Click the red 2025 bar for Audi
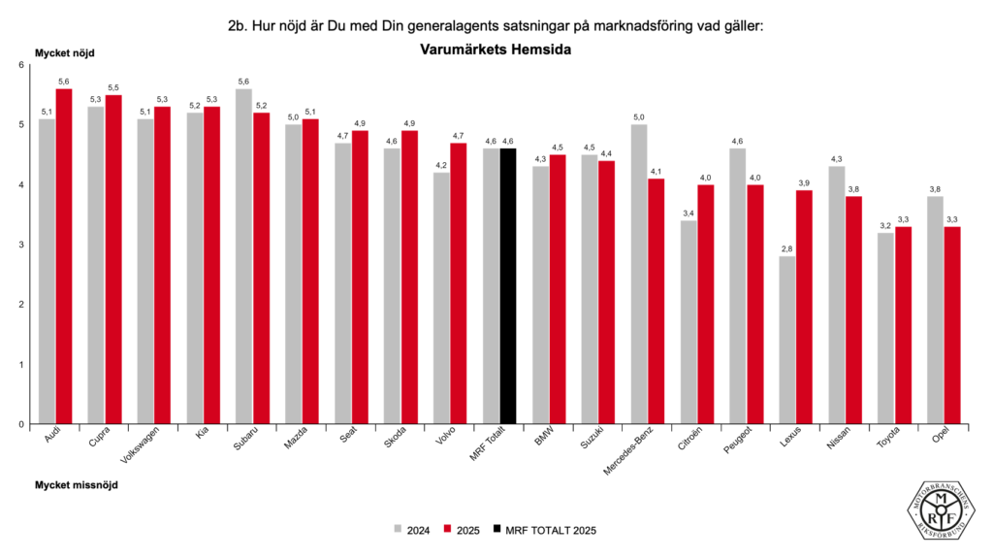pyautogui.click(x=64, y=256)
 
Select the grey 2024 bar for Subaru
pyautogui.click(x=244, y=256)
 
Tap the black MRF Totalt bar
pyautogui.click(x=508, y=286)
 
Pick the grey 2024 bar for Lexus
pyautogui.click(x=787, y=340)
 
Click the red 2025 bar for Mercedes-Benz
pyautogui.click(x=657, y=301)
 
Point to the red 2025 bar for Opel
pyautogui.click(x=951, y=325)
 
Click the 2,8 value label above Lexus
pyautogui.click(x=787, y=249)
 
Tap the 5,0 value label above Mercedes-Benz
pyautogui.click(x=640, y=117)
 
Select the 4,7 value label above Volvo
pyautogui.click(x=459, y=136)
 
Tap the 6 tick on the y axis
pyautogui.click(x=20, y=65)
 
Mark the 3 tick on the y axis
pyautogui.click(x=20, y=245)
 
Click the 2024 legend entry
pyautogui.click(x=412, y=530)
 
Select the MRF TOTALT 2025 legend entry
pyautogui.click(x=543, y=530)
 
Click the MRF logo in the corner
pyautogui.click(x=942, y=506)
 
